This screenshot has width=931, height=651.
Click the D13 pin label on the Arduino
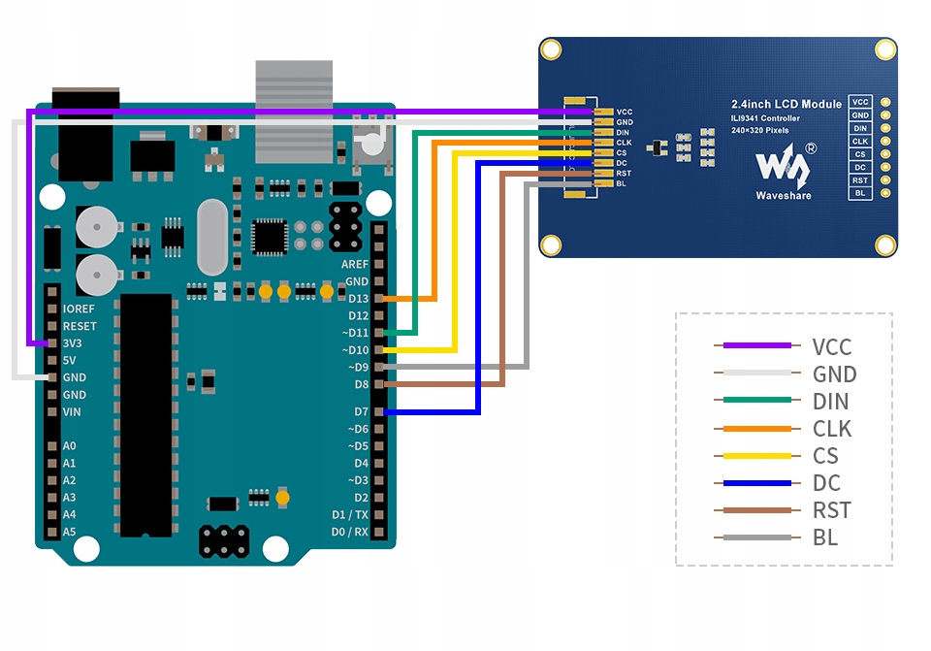click(358, 299)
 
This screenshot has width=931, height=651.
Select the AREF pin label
click(355, 264)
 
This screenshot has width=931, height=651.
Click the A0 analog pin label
click(69, 446)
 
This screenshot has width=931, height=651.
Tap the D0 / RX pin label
click(350, 532)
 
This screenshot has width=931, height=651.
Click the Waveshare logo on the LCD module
click(784, 167)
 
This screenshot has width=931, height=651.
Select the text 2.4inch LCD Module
click(786, 104)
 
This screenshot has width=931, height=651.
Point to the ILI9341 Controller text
click(765, 118)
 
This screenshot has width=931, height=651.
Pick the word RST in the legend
click(832, 510)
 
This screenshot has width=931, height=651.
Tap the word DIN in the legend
click(831, 402)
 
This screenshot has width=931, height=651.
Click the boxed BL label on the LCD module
click(860, 193)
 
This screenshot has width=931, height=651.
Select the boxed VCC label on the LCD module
click(860, 102)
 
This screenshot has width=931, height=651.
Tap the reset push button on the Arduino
click(370, 145)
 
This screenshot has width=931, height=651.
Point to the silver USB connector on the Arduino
click(294, 111)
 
